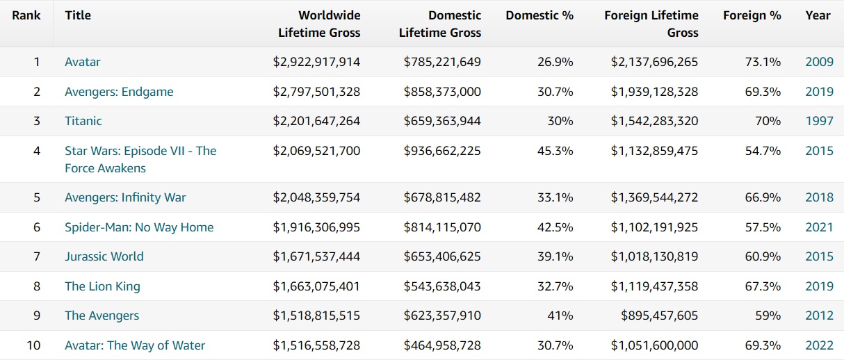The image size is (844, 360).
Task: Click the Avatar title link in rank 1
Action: coord(82,62)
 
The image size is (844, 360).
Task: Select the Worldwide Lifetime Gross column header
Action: coord(319,24)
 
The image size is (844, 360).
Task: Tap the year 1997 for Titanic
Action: coord(819,121)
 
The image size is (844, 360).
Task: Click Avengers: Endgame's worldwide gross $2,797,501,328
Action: coord(316,92)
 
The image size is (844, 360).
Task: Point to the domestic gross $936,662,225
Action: coord(442,151)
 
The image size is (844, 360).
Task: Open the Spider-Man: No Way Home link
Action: coord(139,227)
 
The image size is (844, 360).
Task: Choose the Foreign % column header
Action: coord(752,15)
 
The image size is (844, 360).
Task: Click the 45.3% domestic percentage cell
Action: coord(555,151)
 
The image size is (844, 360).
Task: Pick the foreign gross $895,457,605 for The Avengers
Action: coord(660,316)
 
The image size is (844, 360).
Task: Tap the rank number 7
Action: coord(37,256)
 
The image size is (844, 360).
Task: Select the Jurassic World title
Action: coord(104,256)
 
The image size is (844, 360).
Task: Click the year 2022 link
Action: coord(819,345)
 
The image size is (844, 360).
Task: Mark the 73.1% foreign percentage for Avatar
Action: coord(763,62)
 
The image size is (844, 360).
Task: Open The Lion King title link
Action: coord(102,286)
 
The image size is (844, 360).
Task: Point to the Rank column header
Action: coord(26,15)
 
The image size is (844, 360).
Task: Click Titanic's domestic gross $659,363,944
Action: coord(442,121)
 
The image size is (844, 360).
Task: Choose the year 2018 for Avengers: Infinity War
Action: coord(819,197)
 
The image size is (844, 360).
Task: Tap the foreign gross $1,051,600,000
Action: coord(654,345)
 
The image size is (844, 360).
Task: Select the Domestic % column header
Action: coord(539,15)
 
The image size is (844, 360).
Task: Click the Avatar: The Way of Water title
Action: coord(135,345)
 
